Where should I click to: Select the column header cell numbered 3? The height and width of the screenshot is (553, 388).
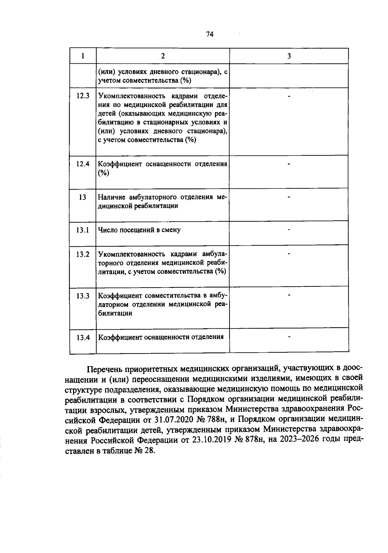point(289,56)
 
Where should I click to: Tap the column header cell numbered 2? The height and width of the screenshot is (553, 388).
point(163,56)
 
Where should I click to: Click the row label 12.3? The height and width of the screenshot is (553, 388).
point(83,96)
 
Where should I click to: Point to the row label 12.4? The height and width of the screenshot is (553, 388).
point(83,164)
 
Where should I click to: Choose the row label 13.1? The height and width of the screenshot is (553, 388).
point(83,230)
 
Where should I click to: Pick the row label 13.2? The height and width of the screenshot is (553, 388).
point(83,254)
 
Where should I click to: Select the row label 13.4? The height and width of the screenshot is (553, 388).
point(83,338)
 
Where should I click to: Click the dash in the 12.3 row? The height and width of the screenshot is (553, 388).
point(289,96)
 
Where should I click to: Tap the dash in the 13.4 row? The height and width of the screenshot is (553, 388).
point(289,337)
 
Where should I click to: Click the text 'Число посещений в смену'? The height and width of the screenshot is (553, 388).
point(139,230)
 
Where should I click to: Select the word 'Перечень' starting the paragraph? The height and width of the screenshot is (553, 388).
point(105,369)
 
